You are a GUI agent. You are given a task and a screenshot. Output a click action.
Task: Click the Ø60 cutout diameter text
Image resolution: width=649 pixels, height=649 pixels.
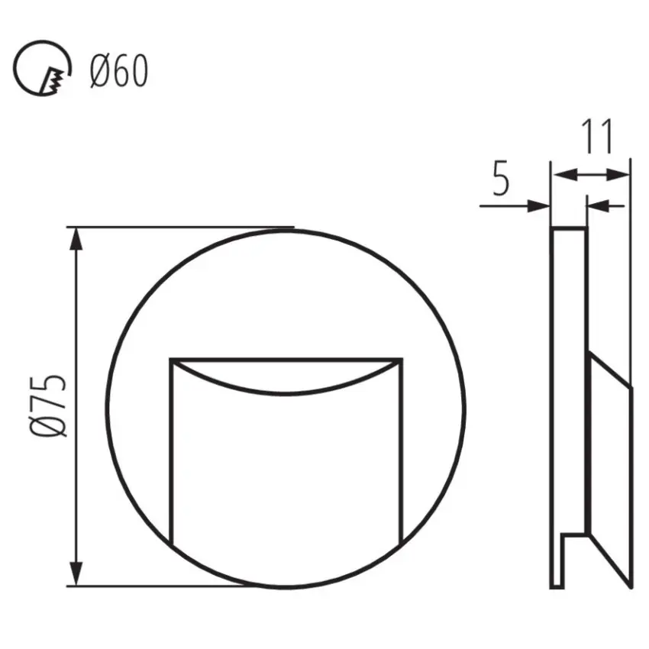pos(118,73)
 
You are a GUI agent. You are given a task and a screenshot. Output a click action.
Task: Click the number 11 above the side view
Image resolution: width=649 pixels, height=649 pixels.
pos(598,137)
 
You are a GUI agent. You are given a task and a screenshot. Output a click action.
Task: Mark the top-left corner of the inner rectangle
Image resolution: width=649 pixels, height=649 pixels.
pos(170,358)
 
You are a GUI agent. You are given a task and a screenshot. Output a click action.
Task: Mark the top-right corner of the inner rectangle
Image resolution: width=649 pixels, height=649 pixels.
pos(402,358)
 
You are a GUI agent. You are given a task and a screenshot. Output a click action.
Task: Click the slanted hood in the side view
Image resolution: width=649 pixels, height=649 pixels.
pos(609,458)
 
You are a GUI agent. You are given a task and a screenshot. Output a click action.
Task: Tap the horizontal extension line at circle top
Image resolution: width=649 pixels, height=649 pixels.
pos(183,227)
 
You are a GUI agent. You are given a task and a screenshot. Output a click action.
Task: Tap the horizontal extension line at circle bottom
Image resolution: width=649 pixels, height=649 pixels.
pos(168,586)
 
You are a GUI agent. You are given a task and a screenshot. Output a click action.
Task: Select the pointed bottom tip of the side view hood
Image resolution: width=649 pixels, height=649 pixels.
pos(631,586)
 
